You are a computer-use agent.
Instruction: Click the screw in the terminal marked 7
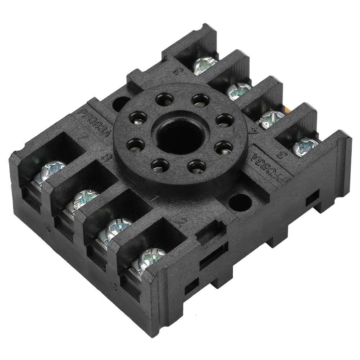pos(51,170)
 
